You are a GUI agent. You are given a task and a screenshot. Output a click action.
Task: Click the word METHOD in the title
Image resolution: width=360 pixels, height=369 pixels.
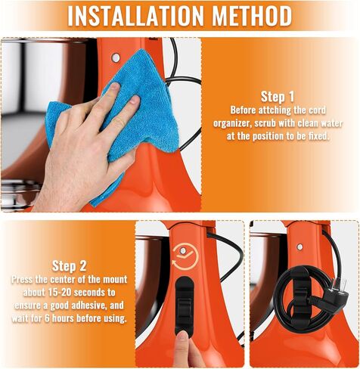coord(253,15)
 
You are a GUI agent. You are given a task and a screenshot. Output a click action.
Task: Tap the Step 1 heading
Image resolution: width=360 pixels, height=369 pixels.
coord(278,97)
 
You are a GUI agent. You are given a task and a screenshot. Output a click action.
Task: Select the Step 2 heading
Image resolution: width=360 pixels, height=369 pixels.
coord(69,266)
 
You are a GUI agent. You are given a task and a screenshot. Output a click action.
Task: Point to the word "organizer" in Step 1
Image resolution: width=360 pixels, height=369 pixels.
coord(232,124)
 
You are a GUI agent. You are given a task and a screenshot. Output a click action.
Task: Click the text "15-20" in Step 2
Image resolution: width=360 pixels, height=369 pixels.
coord(59,293)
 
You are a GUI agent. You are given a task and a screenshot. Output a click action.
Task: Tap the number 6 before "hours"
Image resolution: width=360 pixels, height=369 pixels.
coord(47,318)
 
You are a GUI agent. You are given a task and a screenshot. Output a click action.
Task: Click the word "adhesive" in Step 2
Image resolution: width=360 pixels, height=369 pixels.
coord(88,305)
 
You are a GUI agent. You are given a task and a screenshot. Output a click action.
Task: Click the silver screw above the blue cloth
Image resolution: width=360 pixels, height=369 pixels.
coord(116,58)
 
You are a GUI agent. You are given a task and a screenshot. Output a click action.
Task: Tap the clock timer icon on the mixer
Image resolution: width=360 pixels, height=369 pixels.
coord(185,256)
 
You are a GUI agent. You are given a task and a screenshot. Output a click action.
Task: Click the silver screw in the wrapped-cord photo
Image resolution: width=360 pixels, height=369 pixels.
coord(299,247)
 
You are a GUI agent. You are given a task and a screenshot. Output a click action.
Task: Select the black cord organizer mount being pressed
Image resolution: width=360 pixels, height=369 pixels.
coord(185,305)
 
